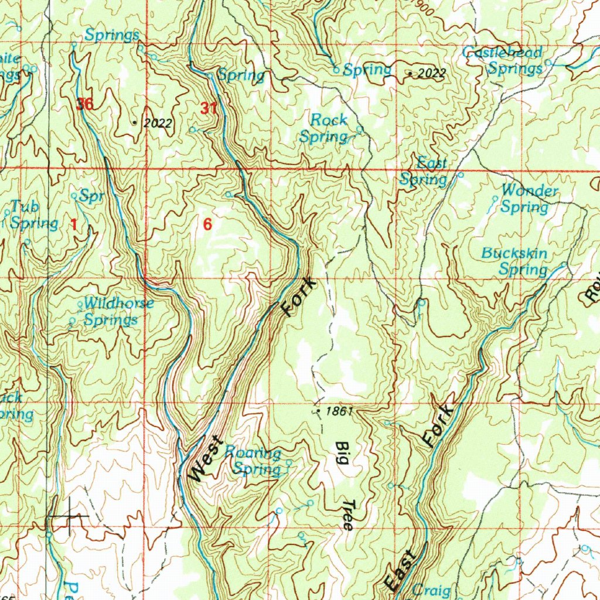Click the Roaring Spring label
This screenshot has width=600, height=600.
coord(253,461)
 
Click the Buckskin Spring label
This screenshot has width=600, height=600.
coord(514,261)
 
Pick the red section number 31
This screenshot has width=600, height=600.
coord(208,108)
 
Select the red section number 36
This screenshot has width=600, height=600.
coord(84,105)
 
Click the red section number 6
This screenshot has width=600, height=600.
coord(207,224)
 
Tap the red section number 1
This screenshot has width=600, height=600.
coord(74,224)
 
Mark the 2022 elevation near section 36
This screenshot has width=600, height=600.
coord(158,123)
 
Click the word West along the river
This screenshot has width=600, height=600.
coord(206,459)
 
